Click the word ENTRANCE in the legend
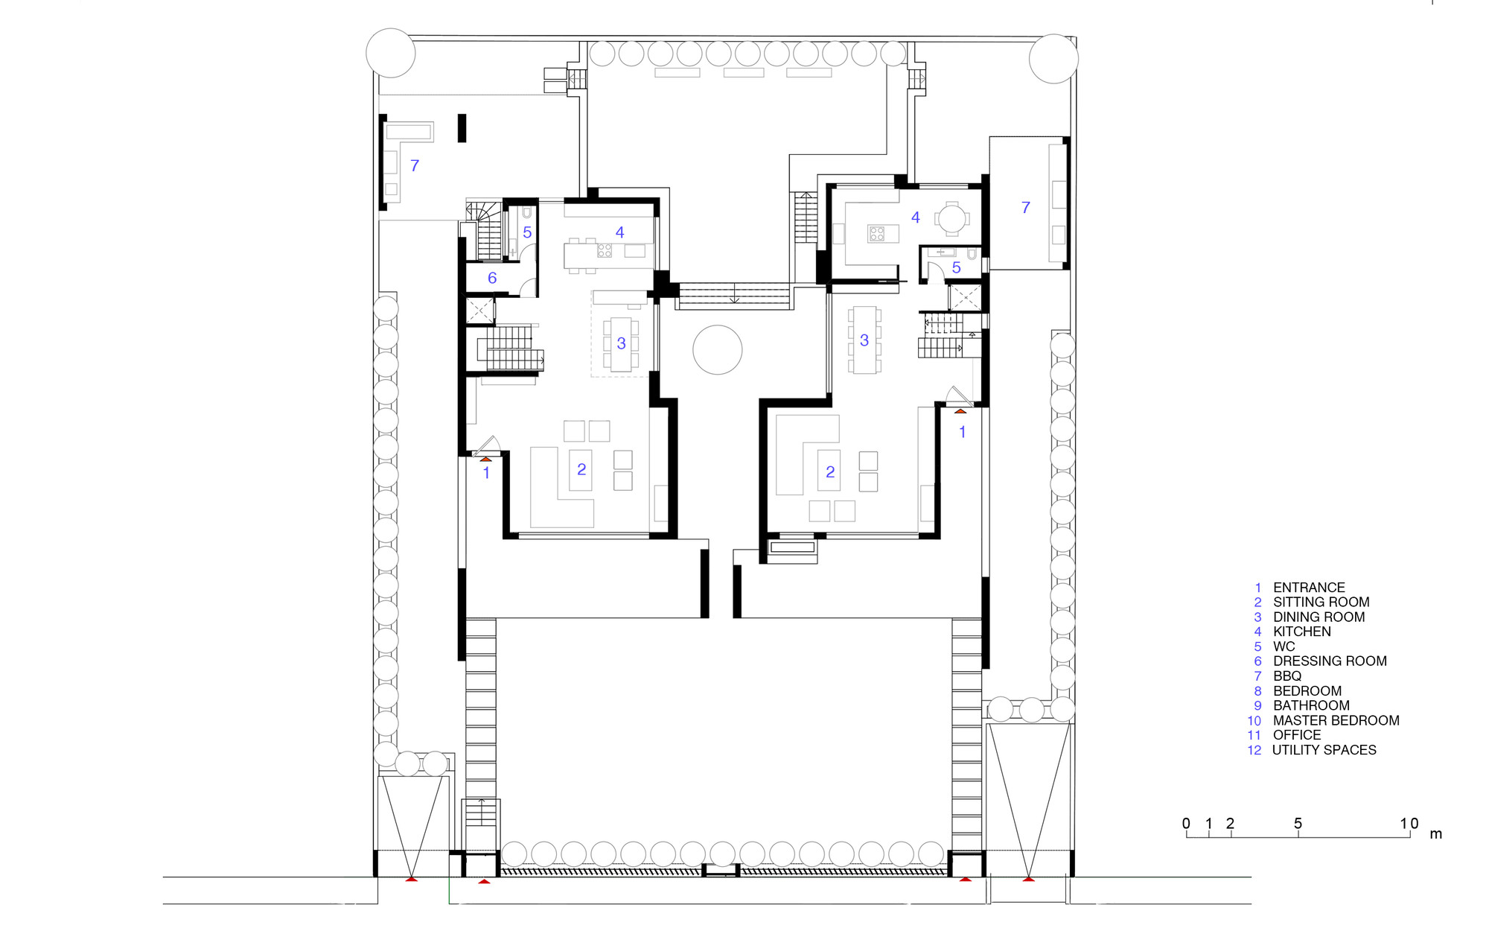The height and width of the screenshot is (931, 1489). pos(1309,588)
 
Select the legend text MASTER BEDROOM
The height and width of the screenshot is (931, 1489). pos(1336,720)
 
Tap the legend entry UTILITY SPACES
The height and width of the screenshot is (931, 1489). pos(1324,750)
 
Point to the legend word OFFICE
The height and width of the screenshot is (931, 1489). pos(1297,735)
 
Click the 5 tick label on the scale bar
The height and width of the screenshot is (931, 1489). pos(1298,823)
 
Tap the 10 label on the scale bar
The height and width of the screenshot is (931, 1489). pos(1409,823)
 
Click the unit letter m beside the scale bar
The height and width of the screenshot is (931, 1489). pos(1436,834)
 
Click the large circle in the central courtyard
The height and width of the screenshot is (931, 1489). pos(718,349)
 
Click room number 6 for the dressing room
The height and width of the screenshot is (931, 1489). pos(492,278)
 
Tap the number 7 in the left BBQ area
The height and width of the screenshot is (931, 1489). pos(415,165)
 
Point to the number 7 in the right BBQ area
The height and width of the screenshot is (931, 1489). pos(1026,208)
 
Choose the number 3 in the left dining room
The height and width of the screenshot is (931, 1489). pos(621,343)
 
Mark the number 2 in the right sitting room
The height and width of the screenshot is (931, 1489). pos(830,471)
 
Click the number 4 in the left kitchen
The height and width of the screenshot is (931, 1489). pos(619,232)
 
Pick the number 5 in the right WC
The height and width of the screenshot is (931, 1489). pos(957,267)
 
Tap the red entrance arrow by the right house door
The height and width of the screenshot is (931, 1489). pos(960,411)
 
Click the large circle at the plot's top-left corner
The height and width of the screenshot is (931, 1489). pos(391,53)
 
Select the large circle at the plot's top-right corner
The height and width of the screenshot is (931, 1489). pos(1053,58)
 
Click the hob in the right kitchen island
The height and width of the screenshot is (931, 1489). pos(877,234)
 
